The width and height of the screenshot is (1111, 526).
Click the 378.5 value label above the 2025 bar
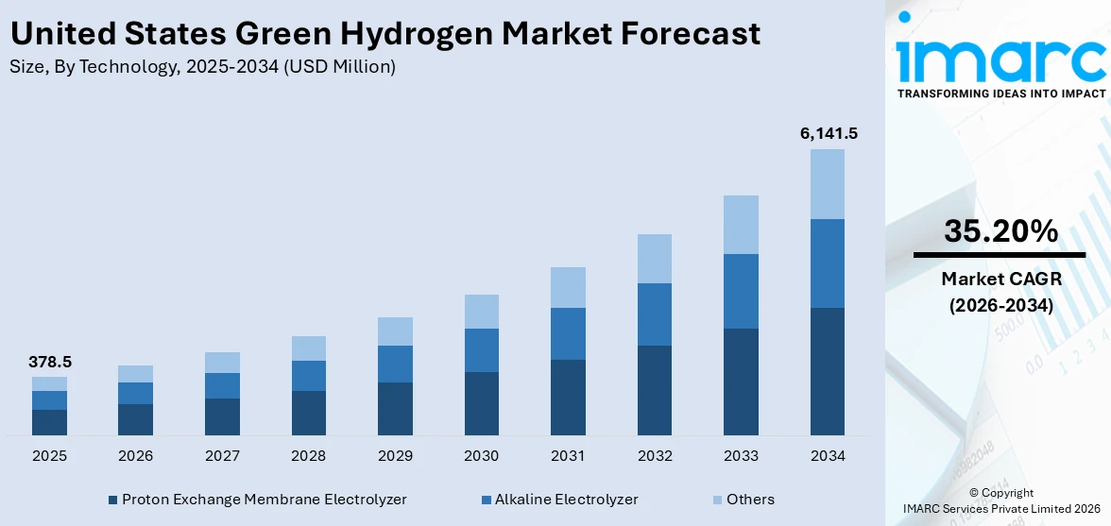point(49,362)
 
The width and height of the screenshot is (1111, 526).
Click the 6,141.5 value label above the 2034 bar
point(828,134)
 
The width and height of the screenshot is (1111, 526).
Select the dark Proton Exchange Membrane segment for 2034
point(828,371)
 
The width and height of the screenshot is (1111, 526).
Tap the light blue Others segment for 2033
point(741,225)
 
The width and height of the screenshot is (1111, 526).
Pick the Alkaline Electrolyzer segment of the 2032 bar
point(655,314)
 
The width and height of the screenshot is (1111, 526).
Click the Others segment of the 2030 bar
point(481,312)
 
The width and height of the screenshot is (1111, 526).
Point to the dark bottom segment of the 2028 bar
point(309,413)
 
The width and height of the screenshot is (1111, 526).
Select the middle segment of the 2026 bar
point(136,393)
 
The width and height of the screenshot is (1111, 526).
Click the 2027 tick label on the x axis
point(222,456)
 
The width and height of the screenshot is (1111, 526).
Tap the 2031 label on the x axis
point(568,456)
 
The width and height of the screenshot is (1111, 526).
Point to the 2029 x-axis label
point(395,456)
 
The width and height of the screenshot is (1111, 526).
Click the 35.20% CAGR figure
point(1000,230)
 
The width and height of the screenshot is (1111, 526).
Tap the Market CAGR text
point(1000,279)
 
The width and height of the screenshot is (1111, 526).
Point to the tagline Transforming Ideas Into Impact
point(1000,93)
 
